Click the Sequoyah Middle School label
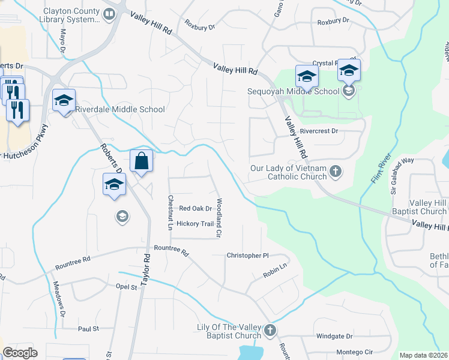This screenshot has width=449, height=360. tap(294, 92)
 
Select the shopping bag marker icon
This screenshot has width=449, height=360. tap(141, 162)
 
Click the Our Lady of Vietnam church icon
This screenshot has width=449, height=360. tap(336, 172)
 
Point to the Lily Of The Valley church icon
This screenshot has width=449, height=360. tap(270, 331)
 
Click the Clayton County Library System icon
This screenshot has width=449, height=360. tap(109, 15)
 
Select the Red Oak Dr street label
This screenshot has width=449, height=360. tap(196, 209)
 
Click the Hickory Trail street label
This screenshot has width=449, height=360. tap(195, 224)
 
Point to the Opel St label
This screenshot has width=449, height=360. tap(127, 287)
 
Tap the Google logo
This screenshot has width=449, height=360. tap(20, 353)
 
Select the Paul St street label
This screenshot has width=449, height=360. tap(88, 329)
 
